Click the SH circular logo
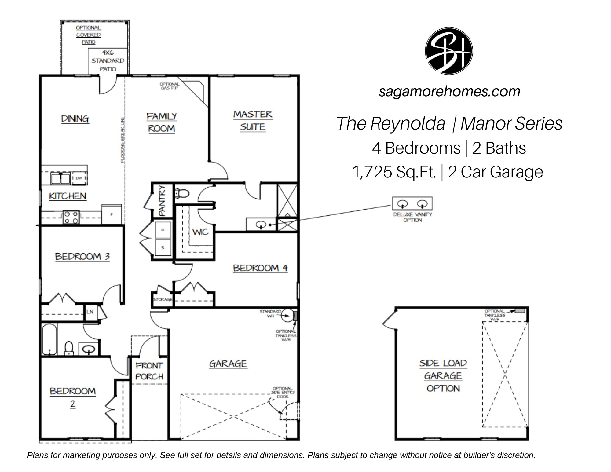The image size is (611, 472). pos(449,51)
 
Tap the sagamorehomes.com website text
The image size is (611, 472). pos(449,91)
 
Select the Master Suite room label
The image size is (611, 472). pos(253,121)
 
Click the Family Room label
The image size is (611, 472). pos(162,123)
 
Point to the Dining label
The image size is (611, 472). pos(75,119)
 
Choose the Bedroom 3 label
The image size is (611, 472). pos(82,257)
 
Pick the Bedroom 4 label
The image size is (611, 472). pos(260,268)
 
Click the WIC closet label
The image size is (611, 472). pos(200,232)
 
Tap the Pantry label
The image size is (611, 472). pos(162,200)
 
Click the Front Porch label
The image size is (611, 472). pos(149,371)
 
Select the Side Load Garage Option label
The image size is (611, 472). pos(443,376)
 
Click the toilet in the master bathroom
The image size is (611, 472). pos(182,193)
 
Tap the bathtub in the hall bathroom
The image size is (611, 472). pos(49,339)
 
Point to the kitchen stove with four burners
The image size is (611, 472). pos(71,217)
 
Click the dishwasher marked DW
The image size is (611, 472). pos(79,178)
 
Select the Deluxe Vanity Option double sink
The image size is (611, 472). pos(412,203)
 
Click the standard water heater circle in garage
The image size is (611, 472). pos(287,316)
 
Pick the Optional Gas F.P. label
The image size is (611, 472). pos(170,86)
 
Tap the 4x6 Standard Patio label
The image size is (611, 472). pos(108,61)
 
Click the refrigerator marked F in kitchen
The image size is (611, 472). pos(112,214)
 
